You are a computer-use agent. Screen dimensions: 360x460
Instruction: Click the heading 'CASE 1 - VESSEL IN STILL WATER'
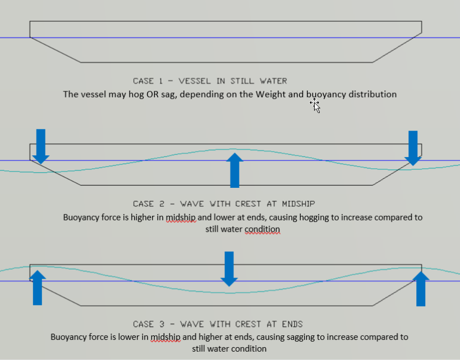(210, 81)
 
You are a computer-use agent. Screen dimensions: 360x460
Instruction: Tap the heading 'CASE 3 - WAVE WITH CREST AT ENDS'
(218, 324)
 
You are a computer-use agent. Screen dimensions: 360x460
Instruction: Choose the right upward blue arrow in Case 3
(421, 288)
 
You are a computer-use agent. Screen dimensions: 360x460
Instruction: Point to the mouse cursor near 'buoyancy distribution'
(316, 105)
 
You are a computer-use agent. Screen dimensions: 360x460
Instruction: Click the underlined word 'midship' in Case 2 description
(181, 217)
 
